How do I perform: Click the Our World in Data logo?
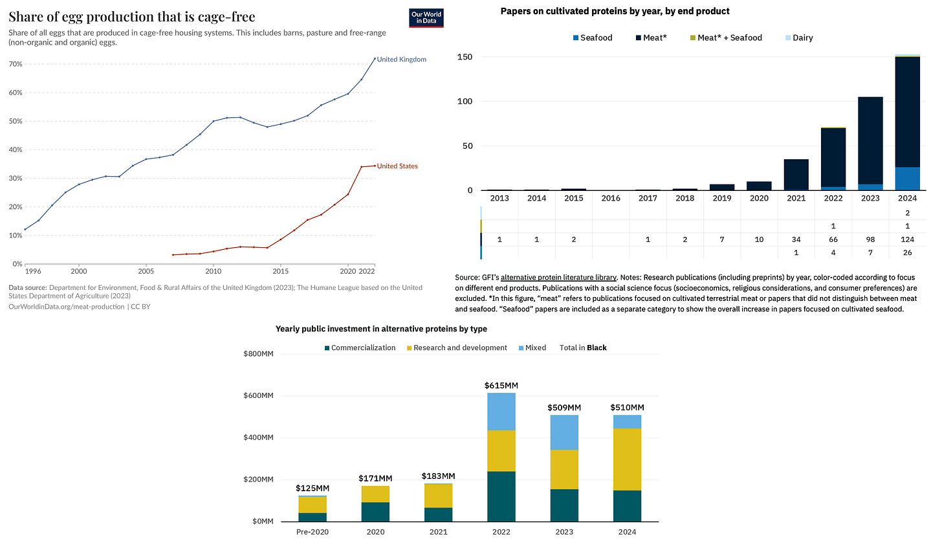[x=426, y=18]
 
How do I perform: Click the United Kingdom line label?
[x=401, y=60]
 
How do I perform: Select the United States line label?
[x=397, y=166]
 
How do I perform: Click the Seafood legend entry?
[x=591, y=38]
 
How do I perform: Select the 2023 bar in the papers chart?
[x=870, y=143]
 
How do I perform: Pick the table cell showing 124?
[x=907, y=240]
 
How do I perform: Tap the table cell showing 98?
[x=870, y=240]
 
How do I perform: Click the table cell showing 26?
[x=907, y=253]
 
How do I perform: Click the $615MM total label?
[x=501, y=386]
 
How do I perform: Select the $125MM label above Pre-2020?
[x=312, y=488]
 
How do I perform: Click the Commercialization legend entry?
[x=359, y=348]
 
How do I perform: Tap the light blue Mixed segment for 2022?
[x=501, y=412]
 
